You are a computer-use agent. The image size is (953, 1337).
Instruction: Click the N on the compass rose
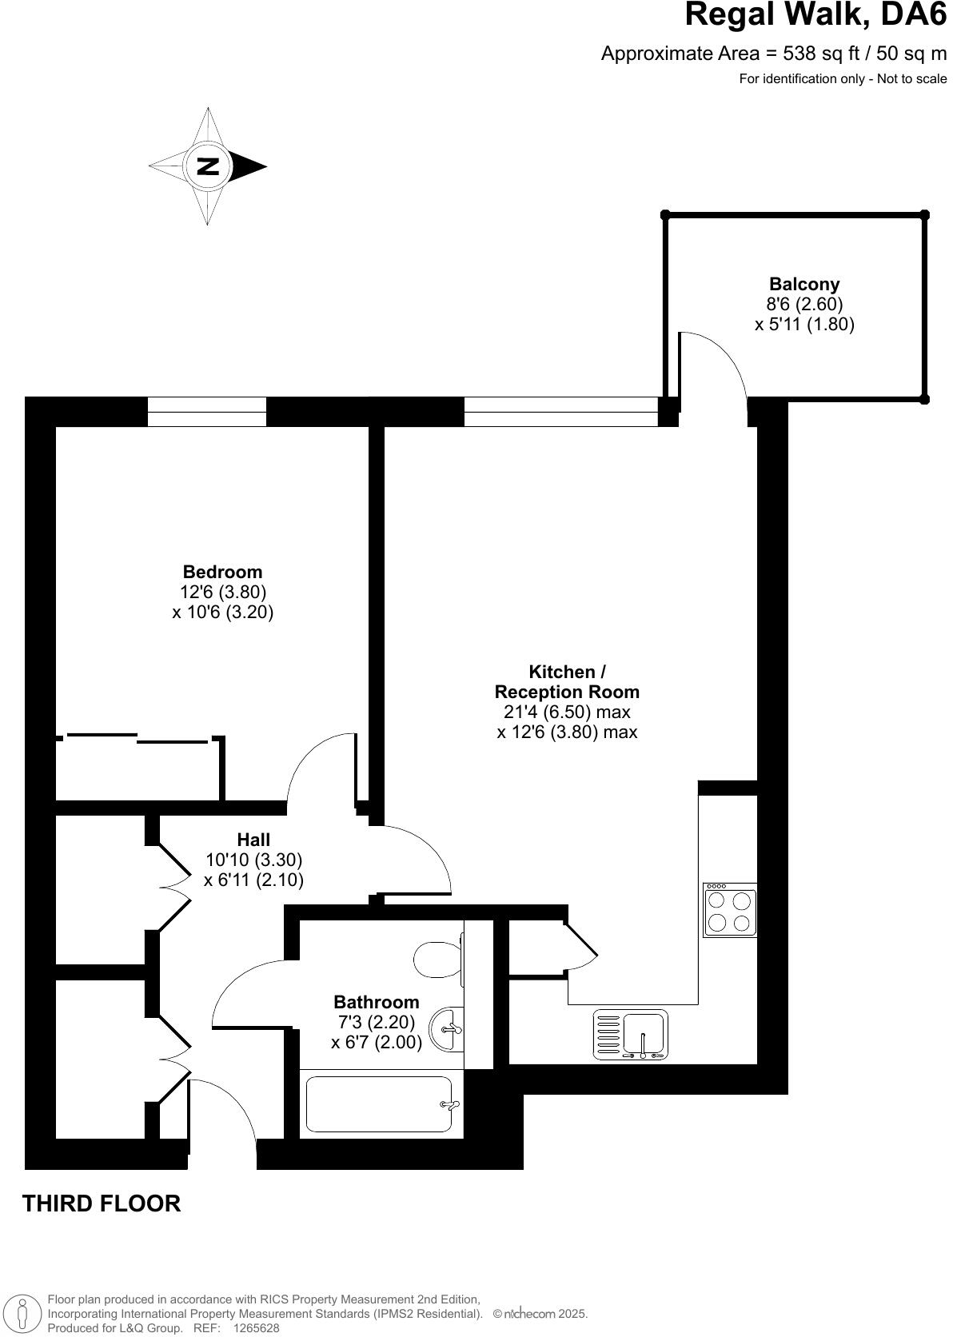click(208, 166)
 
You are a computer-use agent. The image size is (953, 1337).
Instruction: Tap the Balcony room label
click(803, 284)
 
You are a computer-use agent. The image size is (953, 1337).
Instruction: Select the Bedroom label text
click(222, 572)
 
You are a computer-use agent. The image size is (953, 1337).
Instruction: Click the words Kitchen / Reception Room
click(567, 682)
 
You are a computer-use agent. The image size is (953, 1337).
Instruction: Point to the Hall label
click(253, 840)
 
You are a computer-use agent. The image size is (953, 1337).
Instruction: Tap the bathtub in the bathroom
click(379, 1104)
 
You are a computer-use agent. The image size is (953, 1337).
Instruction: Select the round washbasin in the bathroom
click(446, 1029)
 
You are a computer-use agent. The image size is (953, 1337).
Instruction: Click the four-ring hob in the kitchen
click(729, 910)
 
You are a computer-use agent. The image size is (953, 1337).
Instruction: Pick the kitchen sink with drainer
click(631, 1035)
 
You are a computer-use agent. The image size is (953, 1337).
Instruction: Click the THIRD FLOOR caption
click(102, 1203)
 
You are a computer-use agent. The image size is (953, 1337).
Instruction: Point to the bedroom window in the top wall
click(206, 412)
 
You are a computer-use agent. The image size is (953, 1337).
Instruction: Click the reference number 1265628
click(256, 1328)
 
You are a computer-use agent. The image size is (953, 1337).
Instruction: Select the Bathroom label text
click(376, 1002)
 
